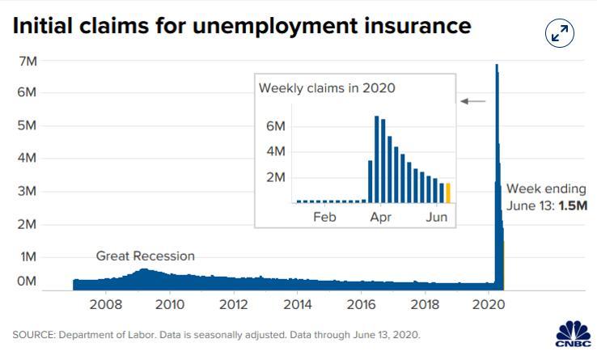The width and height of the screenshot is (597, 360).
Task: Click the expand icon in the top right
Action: (x=560, y=33)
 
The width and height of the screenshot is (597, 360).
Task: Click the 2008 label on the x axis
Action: (x=106, y=305)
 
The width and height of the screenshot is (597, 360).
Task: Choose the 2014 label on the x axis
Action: (x=298, y=305)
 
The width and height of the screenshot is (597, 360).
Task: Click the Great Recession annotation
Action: (x=146, y=256)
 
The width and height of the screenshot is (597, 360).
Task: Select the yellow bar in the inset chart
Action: (x=448, y=193)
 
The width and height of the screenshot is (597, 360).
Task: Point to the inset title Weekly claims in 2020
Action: (x=327, y=87)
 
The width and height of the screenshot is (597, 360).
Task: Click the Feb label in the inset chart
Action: (x=324, y=217)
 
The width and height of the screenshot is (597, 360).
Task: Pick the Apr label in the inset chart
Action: (x=379, y=217)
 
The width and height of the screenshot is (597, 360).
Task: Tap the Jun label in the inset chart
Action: (x=436, y=217)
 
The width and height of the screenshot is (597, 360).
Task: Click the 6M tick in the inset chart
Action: (x=276, y=126)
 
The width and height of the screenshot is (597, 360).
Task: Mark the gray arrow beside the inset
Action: (x=473, y=101)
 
